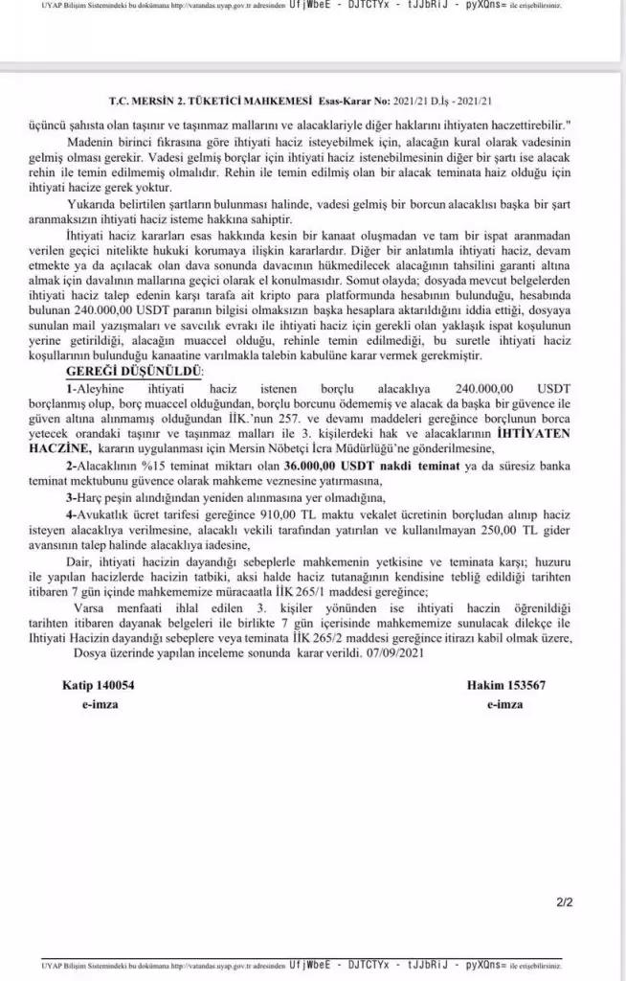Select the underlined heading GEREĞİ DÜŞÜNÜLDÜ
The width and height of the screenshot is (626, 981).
134,371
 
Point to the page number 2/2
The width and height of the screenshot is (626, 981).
564,901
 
